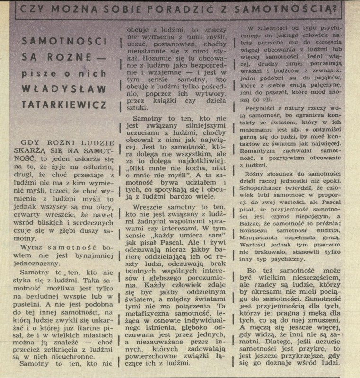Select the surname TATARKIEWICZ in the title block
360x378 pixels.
pyautogui.click(x=64, y=105)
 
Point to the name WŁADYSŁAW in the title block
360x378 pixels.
pyautogui.click(x=64, y=89)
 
